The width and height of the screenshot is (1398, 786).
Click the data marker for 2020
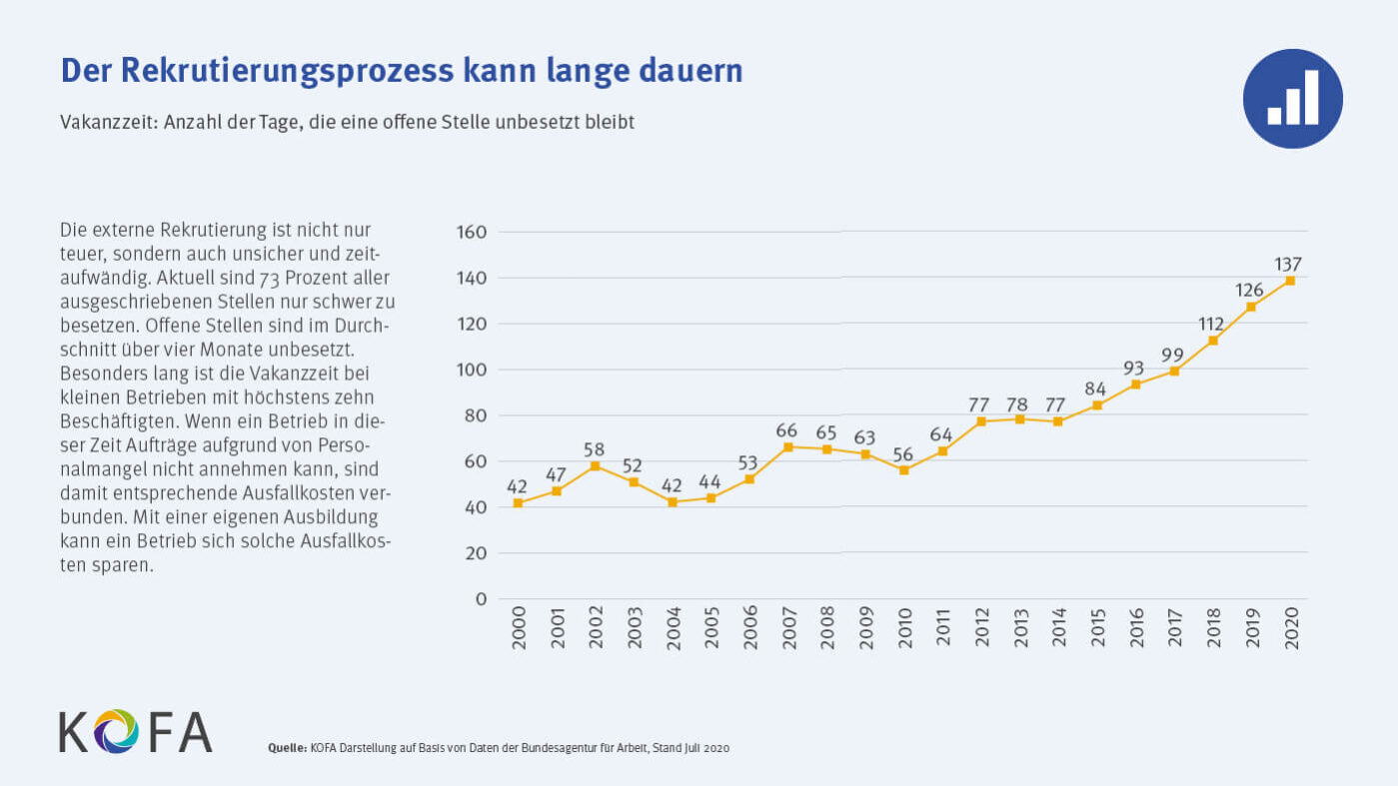pyautogui.click(x=1290, y=281)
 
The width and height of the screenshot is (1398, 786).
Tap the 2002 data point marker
pyautogui.click(x=596, y=465)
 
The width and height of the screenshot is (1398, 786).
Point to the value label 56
pyautogui.click(x=903, y=454)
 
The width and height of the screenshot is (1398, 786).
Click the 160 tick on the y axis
pyautogui.click(x=473, y=232)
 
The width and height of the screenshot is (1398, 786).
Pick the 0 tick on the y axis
pyautogui.click(x=481, y=599)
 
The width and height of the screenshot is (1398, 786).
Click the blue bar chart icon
pyautogui.click(x=1292, y=99)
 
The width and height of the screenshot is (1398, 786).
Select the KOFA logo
pyautogui.click(x=135, y=731)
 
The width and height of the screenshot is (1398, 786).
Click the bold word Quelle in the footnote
pyautogui.click(x=287, y=748)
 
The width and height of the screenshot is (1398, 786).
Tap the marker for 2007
pyautogui.click(x=788, y=447)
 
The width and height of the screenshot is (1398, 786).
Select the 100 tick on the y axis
pyautogui.click(x=473, y=370)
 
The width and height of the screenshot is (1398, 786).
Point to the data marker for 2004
pyautogui.click(x=673, y=502)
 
